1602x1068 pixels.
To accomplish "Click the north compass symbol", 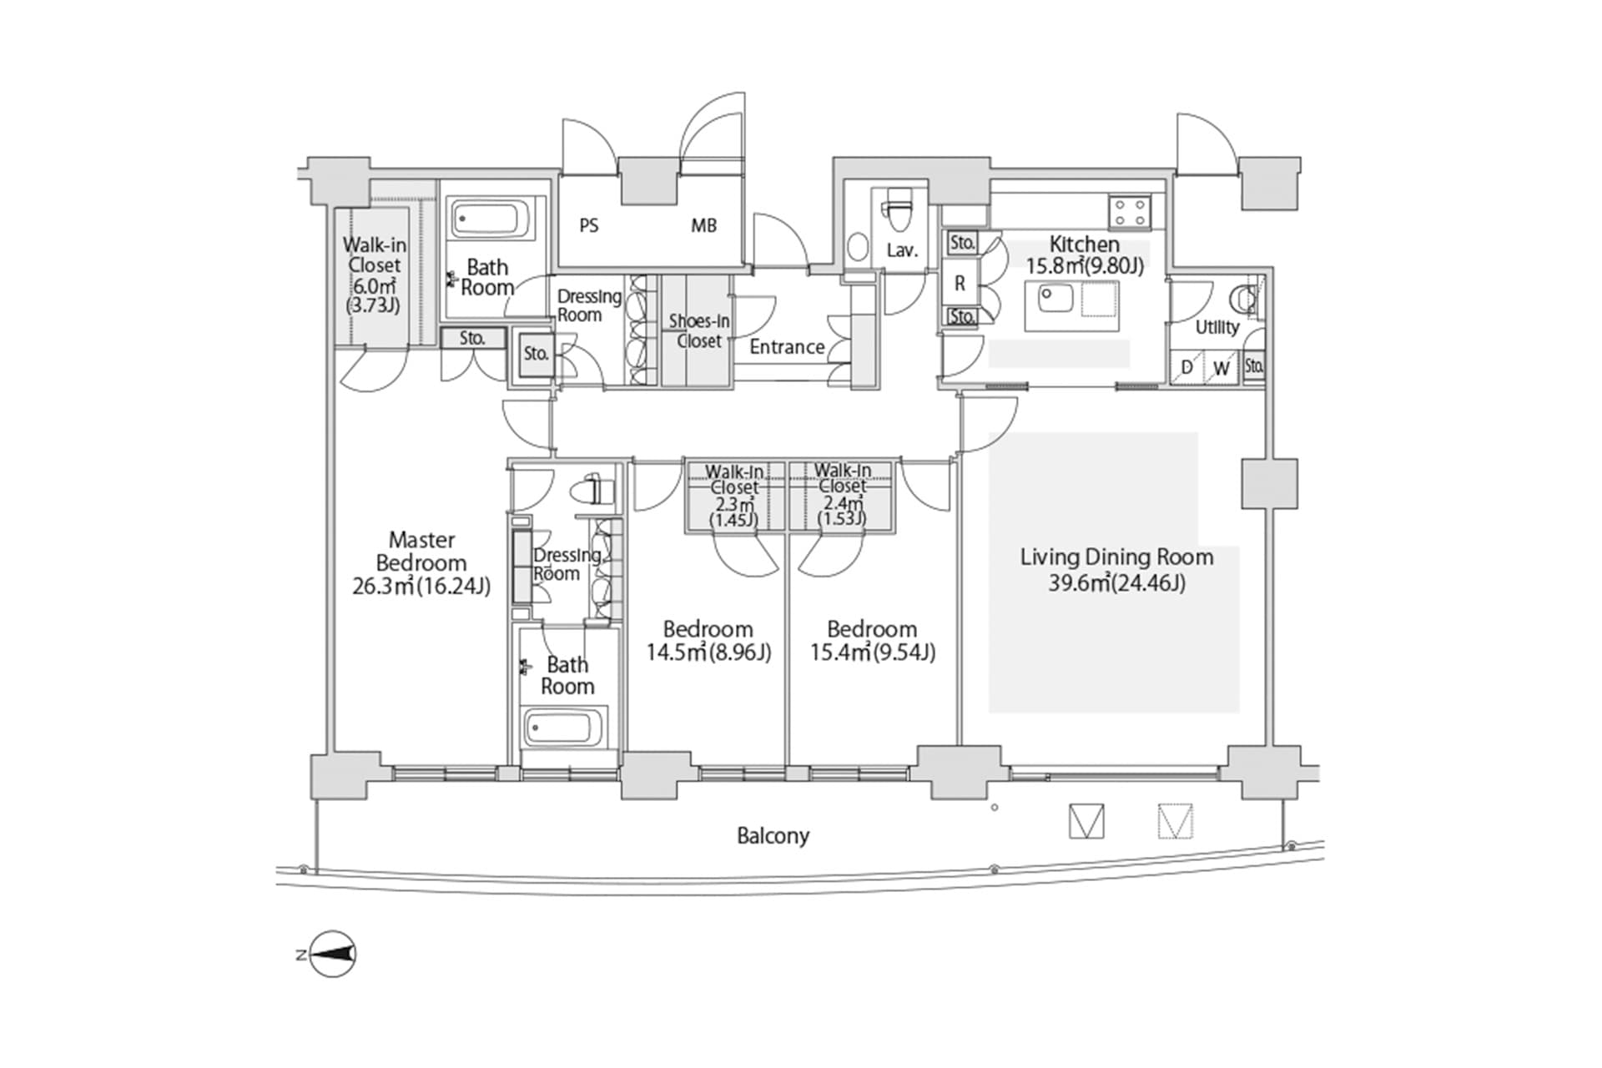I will click(x=333, y=954).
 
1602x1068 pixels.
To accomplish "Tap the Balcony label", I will click(x=773, y=835).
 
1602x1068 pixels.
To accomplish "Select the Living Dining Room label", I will click(x=1116, y=557).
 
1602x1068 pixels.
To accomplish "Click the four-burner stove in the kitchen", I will click(x=1130, y=210).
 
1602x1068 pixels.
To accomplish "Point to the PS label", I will click(x=589, y=225).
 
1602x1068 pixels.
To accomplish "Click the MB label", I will click(x=703, y=225).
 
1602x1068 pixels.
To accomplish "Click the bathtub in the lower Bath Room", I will click(x=564, y=728).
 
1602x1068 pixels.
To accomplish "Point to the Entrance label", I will click(x=787, y=347).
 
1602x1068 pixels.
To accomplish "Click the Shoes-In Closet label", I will click(x=699, y=331).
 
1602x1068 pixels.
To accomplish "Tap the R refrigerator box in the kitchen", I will click(x=960, y=283).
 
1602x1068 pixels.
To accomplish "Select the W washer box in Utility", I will click(x=1222, y=368).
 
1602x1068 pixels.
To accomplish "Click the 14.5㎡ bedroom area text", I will click(x=677, y=652).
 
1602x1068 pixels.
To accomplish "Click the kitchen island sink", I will click(x=1055, y=299).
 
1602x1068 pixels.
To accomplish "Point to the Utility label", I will click(x=1217, y=327).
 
